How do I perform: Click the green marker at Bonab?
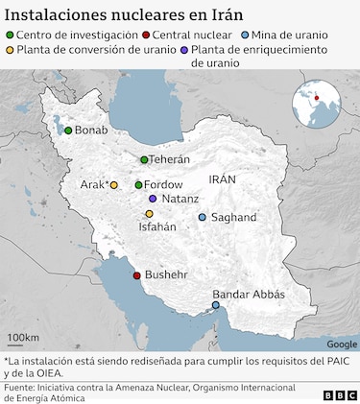(x=68, y=131)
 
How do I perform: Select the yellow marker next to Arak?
(x=114, y=185)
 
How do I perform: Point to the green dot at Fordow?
(x=138, y=184)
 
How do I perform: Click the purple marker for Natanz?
(x=153, y=199)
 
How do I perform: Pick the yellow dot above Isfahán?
(x=149, y=214)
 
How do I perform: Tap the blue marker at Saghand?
(x=202, y=218)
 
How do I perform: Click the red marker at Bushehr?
(x=137, y=276)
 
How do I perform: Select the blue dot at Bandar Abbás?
(x=216, y=306)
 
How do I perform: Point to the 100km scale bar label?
(x=23, y=338)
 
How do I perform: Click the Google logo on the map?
(x=341, y=344)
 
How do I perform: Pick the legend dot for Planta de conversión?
(x=10, y=49)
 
